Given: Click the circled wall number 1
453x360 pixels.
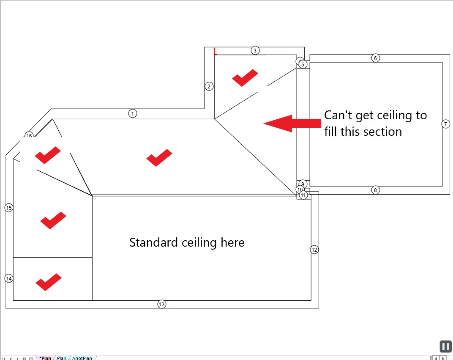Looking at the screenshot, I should click(x=133, y=113).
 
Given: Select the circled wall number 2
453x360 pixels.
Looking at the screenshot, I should click(x=209, y=86).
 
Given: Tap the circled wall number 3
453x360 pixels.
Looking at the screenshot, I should click(x=255, y=50).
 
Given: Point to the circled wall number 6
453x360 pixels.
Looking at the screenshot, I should click(x=376, y=58).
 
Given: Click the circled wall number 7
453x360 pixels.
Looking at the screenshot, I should click(x=445, y=124).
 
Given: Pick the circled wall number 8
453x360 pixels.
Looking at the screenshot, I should click(x=375, y=190).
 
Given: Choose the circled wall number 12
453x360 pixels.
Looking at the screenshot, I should click(x=314, y=250).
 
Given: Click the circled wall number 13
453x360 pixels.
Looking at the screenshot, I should click(x=161, y=304).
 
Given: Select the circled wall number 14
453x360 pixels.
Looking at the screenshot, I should click(x=9, y=278).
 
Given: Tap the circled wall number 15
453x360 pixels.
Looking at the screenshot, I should click(x=9, y=208).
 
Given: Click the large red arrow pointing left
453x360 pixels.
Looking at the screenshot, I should click(x=292, y=123).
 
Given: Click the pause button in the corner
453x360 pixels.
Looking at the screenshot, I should click(x=445, y=346).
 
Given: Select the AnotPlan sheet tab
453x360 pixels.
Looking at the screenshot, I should click(x=82, y=358).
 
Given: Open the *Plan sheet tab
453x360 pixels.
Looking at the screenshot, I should click(x=45, y=358).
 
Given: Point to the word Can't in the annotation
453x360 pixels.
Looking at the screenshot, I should click(x=336, y=115).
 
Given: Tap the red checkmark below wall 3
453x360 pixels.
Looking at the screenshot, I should click(x=245, y=77).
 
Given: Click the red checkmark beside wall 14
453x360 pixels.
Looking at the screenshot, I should click(x=48, y=282).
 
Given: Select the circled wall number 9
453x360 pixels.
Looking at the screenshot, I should click(x=303, y=184).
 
